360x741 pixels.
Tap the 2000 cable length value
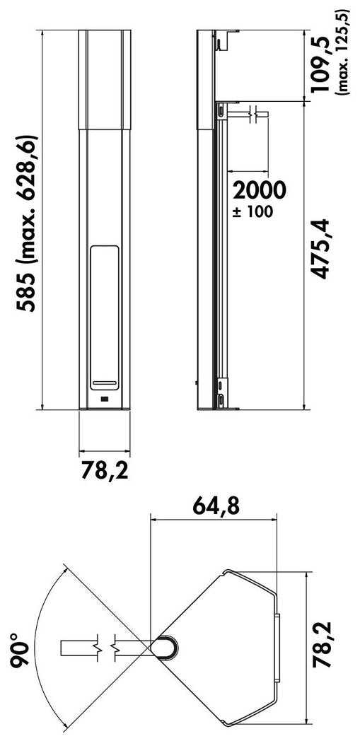[260, 190]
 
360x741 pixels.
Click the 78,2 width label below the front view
[104, 471]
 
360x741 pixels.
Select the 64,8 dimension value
[214, 506]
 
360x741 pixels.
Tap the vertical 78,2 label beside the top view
[325, 645]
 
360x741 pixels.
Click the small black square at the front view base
[104, 400]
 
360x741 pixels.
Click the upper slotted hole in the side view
[221, 112]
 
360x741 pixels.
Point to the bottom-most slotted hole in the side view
[222, 401]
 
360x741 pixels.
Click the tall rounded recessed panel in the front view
[104, 318]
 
